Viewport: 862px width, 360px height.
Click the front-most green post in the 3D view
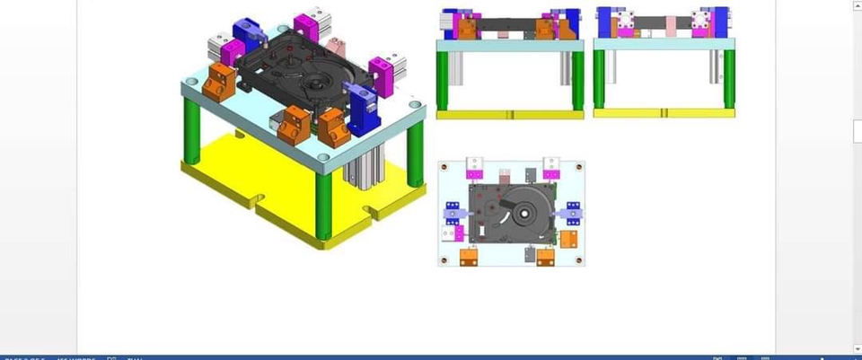pos(323,205)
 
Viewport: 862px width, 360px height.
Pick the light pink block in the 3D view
pos(336,47)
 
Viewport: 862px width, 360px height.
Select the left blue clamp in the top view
pos(453,214)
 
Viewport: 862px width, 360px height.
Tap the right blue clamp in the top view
pos(569,213)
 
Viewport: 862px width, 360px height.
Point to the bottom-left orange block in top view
pos(467,257)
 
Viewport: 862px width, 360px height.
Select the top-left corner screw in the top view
pos(445,167)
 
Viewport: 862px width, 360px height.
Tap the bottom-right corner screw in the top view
pos(578,260)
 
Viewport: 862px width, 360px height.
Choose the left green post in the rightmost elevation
pos(599,79)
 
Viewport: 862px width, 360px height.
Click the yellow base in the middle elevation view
pos(510,115)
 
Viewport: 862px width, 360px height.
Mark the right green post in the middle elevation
pos(578,80)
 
